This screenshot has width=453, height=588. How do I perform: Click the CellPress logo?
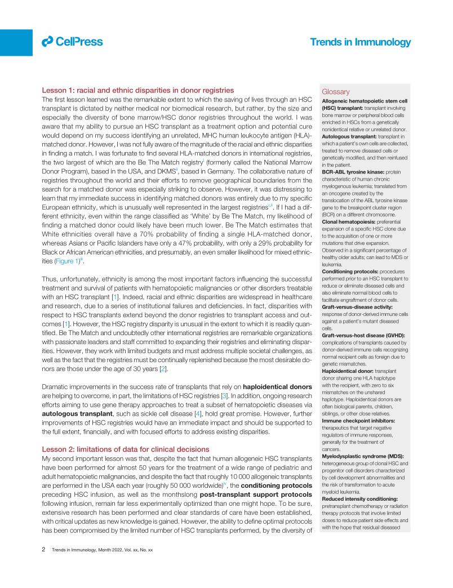point(72,41)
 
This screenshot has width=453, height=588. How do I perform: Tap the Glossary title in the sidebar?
point(336,92)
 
